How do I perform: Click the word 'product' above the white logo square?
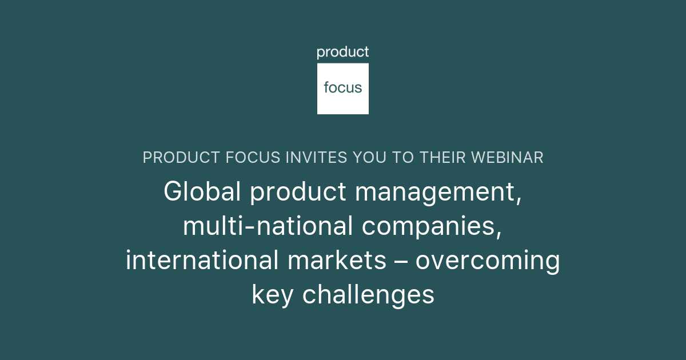(343, 53)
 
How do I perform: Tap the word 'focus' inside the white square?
(343, 87)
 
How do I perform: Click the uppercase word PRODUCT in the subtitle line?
(178, 158)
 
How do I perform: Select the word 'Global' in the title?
(202, 192)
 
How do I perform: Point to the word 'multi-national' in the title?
(268, 227)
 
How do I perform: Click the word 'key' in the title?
(272, 296)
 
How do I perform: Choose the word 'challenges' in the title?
(368, 296)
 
